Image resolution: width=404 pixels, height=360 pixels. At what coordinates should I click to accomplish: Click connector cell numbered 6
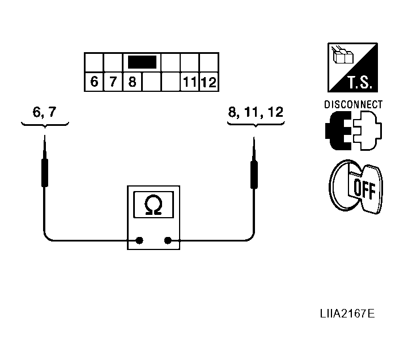tap(94, 82)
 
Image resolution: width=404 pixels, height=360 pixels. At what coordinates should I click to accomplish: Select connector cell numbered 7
tap(113, 82)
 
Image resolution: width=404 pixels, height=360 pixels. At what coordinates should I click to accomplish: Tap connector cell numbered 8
tap(132, 82)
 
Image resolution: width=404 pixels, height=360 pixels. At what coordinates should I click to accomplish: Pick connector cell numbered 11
tap(189, 82)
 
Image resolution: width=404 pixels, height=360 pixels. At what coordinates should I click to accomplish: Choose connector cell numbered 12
tap(209, 82)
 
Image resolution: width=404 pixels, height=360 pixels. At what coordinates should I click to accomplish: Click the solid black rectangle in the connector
tap(142, 62)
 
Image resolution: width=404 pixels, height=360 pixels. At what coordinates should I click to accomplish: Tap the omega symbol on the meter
tap(153, 205)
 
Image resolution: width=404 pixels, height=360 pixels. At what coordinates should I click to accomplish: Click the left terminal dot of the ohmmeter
tap(139, 240)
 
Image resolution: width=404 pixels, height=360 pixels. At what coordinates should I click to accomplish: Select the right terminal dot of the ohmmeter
tap(167, 240)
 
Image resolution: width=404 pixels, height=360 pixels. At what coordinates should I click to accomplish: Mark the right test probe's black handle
tap(254, 173)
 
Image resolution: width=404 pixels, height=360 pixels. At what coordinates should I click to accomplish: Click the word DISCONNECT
tap(353, 104)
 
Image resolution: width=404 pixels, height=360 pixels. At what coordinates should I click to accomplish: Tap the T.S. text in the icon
tap(357, 83)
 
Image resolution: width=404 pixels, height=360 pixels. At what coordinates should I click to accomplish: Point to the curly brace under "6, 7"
tap(44, 123)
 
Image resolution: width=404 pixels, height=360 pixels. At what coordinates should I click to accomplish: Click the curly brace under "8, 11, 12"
tap(255, 123)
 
